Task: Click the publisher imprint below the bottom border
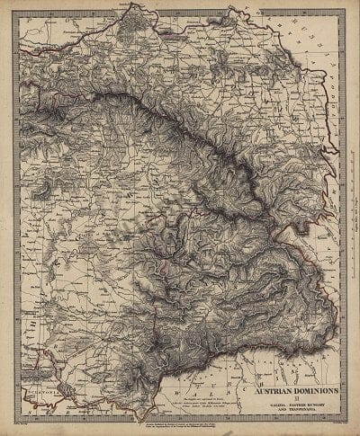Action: click(x=180, y=422)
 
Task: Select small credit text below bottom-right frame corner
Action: click(x=324, y=418)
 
